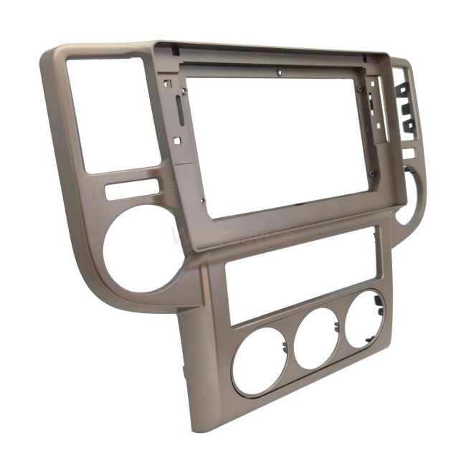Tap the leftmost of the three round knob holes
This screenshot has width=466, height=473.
coord(259,360)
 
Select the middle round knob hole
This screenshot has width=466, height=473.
coord(317,338)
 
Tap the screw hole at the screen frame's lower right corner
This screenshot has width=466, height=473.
coord(373,174)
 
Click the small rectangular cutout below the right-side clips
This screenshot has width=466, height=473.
coord(408,153)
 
